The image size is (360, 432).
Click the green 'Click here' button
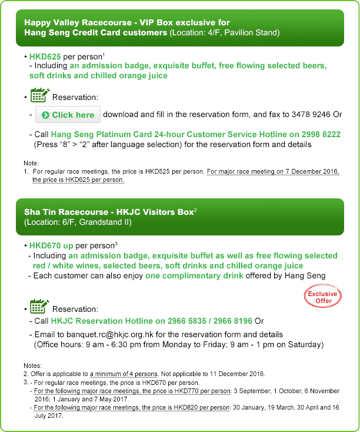(x=68, y=115)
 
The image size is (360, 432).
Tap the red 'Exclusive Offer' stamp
(x=323, y=297)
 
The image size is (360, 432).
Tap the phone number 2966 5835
(x=194, y=321)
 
